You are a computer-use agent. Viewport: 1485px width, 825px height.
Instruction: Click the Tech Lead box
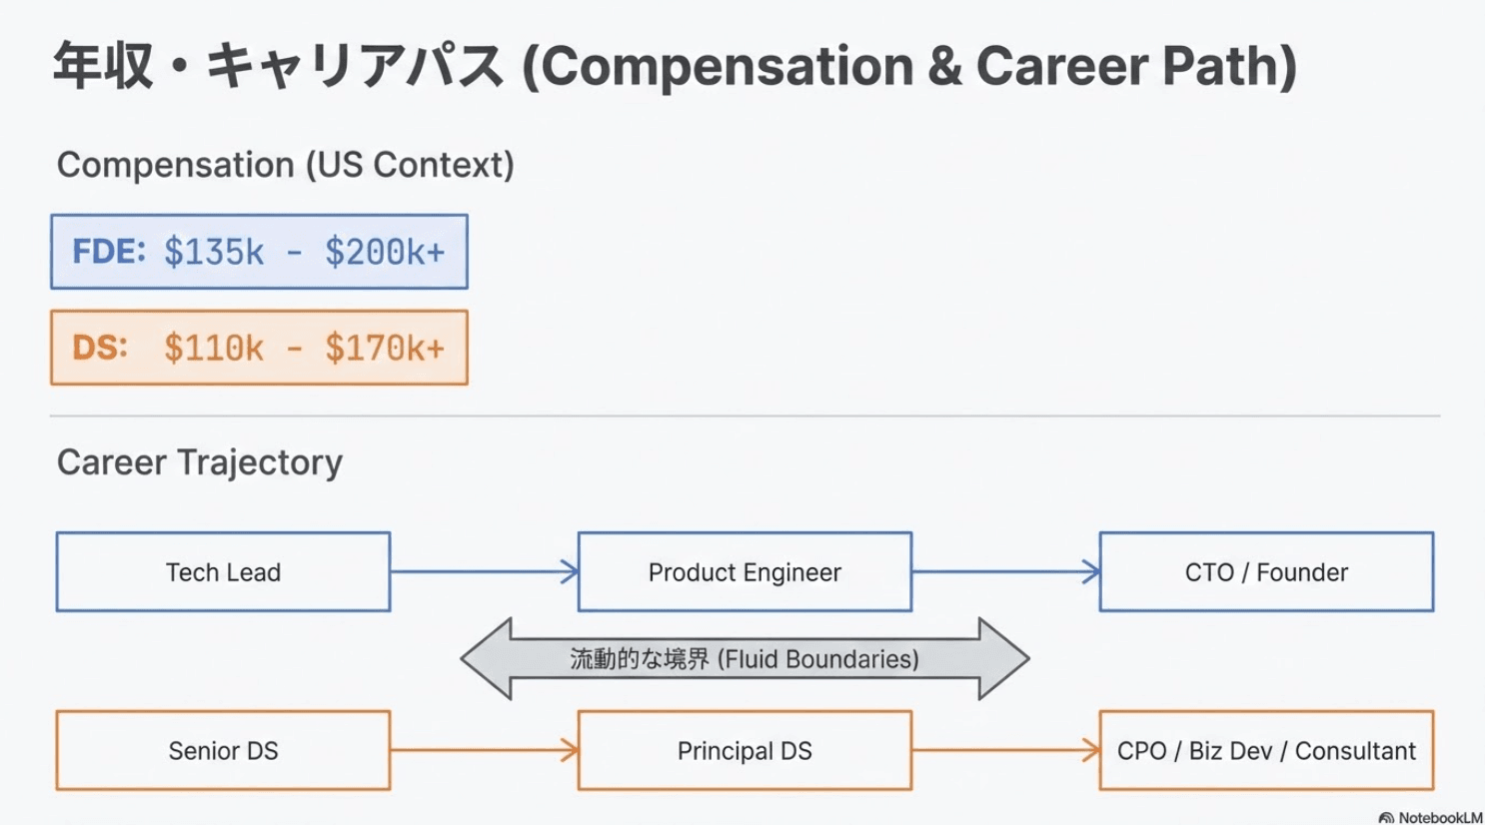pyautogui.click(x=223, y=572)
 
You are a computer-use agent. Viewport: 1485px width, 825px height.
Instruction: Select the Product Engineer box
pyautogui.click(x=744, y=572)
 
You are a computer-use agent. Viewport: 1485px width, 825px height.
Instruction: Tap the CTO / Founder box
pyautogui.click(x=1266, y=572)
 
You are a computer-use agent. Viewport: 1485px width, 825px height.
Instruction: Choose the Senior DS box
pyautogui.click(x=223, y=751)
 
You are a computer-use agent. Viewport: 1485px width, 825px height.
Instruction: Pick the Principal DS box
pyautogui.click(x=744, y=751)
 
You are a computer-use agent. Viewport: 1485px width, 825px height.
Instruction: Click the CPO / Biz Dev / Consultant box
pyautogui.click(x=1266, y=751)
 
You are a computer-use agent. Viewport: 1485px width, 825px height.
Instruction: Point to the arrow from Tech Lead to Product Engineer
pyautogui.click(x=484, y=572)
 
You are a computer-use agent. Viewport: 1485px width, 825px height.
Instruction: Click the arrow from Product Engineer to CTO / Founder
pyautogui.click(x=1005, y=572)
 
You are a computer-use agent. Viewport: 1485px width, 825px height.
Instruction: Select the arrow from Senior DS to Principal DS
pyautogui.click(x=484, y=751)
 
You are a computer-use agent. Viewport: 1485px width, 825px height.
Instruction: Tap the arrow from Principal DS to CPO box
pyautogui.click(x=1005, y=751)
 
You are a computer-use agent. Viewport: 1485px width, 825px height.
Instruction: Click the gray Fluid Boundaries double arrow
pyautogui.click(x=744, y=659)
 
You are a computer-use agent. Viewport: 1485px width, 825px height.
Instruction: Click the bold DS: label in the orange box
pyautogui.click(x=100, y=348)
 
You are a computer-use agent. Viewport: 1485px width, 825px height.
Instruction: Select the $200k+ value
pyautogui.click(x=385, y=253)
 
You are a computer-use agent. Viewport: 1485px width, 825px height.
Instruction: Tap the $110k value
pyautogui.click(x=214, y=349)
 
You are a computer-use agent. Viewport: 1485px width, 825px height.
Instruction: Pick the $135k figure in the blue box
pyautogui.click(x=214, y=253)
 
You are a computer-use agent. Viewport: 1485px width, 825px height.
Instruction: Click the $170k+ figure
pyautogui.click(x=385, y=349)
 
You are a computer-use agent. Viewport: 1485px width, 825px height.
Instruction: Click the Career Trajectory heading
pyautogui.click(x=200, y=462)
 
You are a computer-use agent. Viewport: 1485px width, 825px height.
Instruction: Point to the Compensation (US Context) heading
pyautogui.click(x=285, y=165)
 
